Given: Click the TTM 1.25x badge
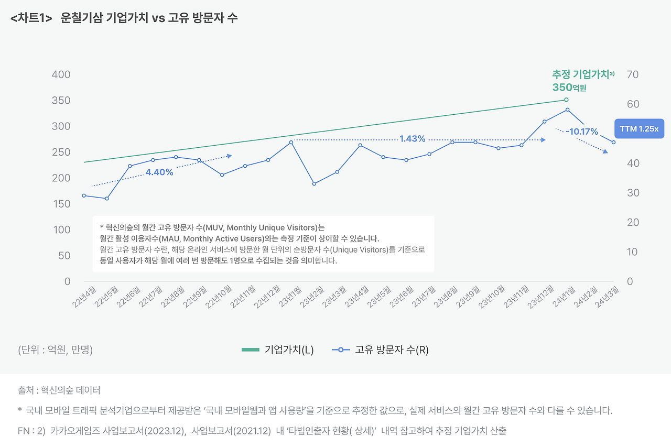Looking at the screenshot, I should (639, 129).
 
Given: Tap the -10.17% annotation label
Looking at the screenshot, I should (582, 132).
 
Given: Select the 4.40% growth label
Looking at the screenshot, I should (159, 172).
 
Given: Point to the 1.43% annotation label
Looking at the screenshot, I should (412, 139).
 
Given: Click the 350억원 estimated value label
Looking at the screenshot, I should (569, 88).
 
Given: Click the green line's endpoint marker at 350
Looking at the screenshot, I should (566, 100).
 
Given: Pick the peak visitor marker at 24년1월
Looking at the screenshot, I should (567, 110).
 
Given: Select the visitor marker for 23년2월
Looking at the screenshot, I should (314, 183).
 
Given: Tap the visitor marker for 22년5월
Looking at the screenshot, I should (107, 199).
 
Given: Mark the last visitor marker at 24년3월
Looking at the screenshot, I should (613, 142).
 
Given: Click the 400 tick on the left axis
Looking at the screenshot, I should (61, 74).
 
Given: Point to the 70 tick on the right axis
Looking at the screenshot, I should (632, 74).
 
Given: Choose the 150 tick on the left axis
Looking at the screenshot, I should (61, 204).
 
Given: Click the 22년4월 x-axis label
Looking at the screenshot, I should (85, 297).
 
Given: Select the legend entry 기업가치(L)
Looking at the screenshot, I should (277, 350).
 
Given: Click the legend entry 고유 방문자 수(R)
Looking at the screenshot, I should (380, 350).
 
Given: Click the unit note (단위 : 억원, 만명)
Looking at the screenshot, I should (55, 350).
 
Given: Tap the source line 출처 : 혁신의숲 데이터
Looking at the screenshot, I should (59, 390).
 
